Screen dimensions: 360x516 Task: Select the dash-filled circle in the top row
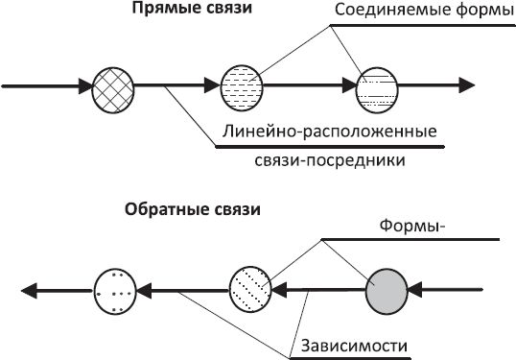coord(240,87)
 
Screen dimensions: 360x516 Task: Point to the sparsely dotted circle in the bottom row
coord(118,288)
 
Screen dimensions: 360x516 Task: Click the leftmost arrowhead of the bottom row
coord(32,288)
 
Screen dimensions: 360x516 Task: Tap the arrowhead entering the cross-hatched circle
coord(83,87)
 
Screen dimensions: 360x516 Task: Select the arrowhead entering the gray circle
coord(416,288)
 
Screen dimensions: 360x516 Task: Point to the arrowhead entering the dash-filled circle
coord(213,87)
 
